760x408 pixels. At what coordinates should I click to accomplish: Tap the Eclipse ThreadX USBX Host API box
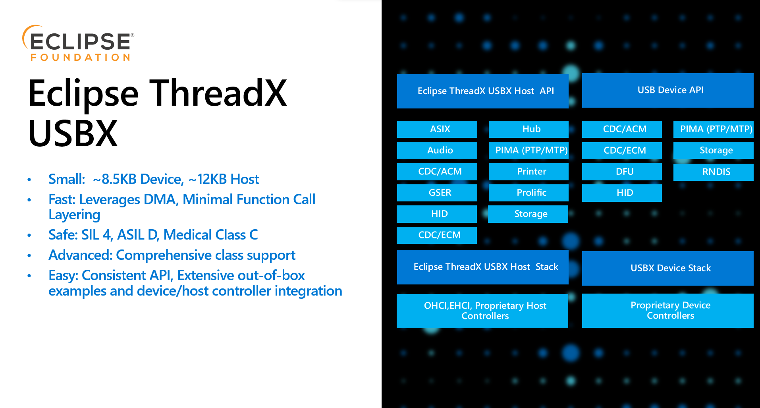(x=483, y=91)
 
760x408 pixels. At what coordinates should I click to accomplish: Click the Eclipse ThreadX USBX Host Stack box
(x=483, y=267)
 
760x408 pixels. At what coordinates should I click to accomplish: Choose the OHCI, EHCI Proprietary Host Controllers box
(x=482, y=311)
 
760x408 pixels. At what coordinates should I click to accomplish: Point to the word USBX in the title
(x=73, y=133)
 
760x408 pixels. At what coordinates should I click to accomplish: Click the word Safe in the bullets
(x=62, y=235)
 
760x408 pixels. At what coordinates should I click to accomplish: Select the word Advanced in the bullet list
(x=79, y=255)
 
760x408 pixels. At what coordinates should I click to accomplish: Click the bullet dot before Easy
(x=29, y=276)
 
